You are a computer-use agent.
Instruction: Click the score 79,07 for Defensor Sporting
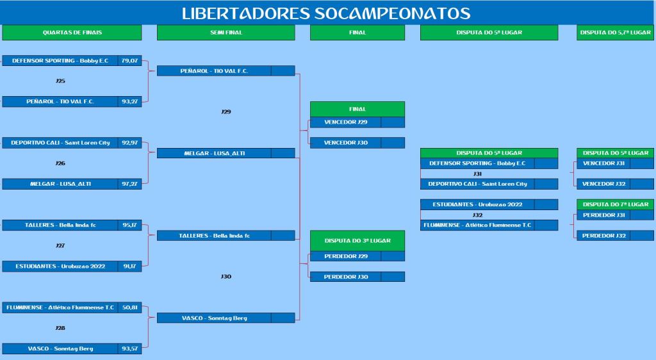point(129,61)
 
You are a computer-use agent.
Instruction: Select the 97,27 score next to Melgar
point(129,184)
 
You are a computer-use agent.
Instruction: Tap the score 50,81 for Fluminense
point(129,307)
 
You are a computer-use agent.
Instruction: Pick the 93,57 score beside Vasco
point(129,348)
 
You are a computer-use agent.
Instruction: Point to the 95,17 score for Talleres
point(129,225)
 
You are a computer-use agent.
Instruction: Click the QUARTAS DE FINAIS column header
point(72,33)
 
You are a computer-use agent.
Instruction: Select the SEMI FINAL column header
point(226,33)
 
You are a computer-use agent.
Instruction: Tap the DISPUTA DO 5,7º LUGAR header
point(615,33)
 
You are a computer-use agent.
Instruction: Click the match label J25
point(60,81)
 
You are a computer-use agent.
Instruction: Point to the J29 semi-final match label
point(226,111)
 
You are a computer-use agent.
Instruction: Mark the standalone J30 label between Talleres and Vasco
point(226,276)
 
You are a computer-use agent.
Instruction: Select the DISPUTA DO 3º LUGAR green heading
point(357,241)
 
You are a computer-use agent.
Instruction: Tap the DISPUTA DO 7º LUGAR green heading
point(615,204)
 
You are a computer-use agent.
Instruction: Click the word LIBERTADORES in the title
point(246,13)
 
